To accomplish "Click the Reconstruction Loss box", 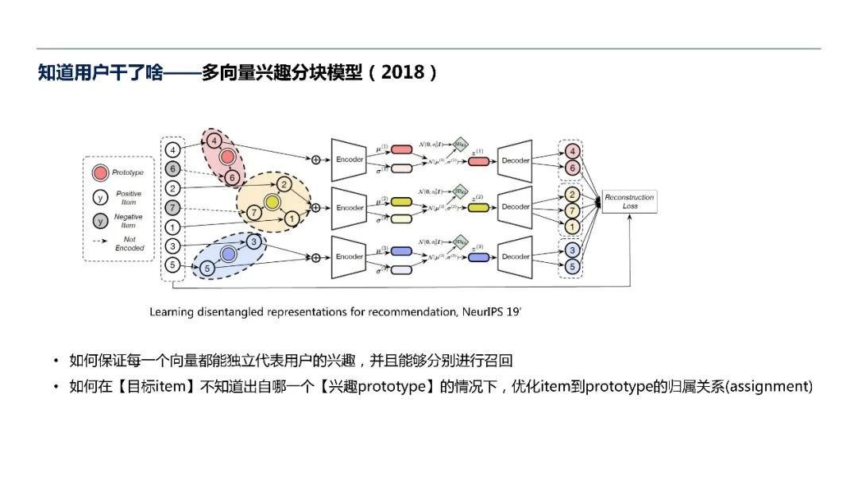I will (x=629, y=202).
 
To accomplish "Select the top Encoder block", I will (x=350, y=159).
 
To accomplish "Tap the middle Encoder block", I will (x=350, y=207).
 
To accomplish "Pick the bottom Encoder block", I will (x=350, y=257).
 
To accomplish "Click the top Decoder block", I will (x=516, y=159).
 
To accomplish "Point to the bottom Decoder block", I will (x=516, y=257).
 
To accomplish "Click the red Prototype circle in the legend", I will (x=101, y=172).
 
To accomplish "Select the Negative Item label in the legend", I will (x=129, y=221).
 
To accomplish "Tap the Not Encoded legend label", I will (x=129, y=243).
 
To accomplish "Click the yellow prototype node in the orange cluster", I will (x=272, y=203).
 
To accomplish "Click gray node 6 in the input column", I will (x=172, y=168).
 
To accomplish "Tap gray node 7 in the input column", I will (x=172, y=208).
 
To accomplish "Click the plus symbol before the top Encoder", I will (x=315, y=160).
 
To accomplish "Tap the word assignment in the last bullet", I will (x=770, y=386).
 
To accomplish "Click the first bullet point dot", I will (x=56, y=362).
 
